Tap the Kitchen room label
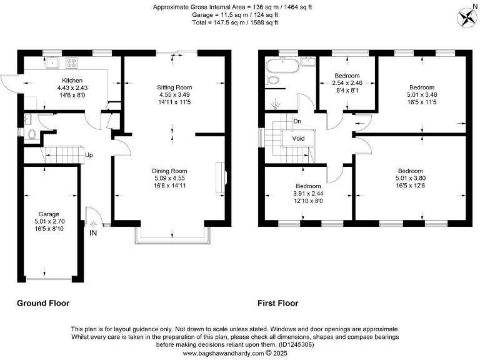coord(72,81)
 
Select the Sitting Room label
coord(174,87)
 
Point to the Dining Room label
coord(169,171)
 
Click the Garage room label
coord(49,213)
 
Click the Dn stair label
coord(297,120)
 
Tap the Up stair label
coord(89,155)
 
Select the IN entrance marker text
coord(94,233)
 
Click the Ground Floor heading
coord(43,303)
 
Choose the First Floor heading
coord(278,303)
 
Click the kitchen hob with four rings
coord(71,62)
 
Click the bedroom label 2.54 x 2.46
coord(347,82)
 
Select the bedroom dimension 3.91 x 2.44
coord(308,194)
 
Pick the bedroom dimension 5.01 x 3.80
coord(410,179)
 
